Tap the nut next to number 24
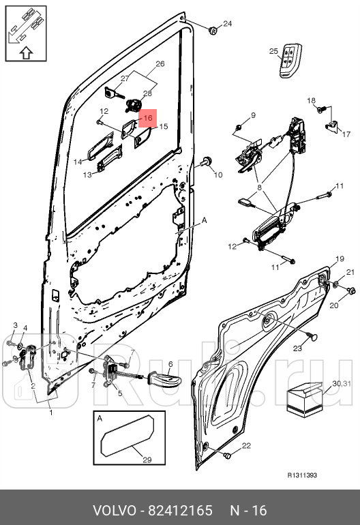tap(212, 29)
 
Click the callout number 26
tap(160, 64)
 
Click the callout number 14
tap(78, 162)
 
